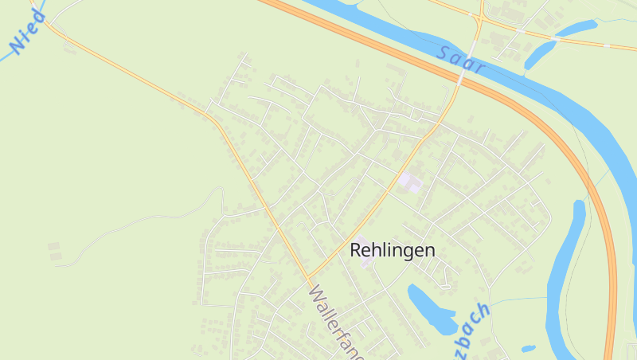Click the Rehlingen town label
(393, 250)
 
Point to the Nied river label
(29, 32)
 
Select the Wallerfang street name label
(335, 323)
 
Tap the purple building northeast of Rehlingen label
(410, 182)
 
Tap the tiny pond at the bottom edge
(528, 348)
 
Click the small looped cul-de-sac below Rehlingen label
(446, 280)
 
